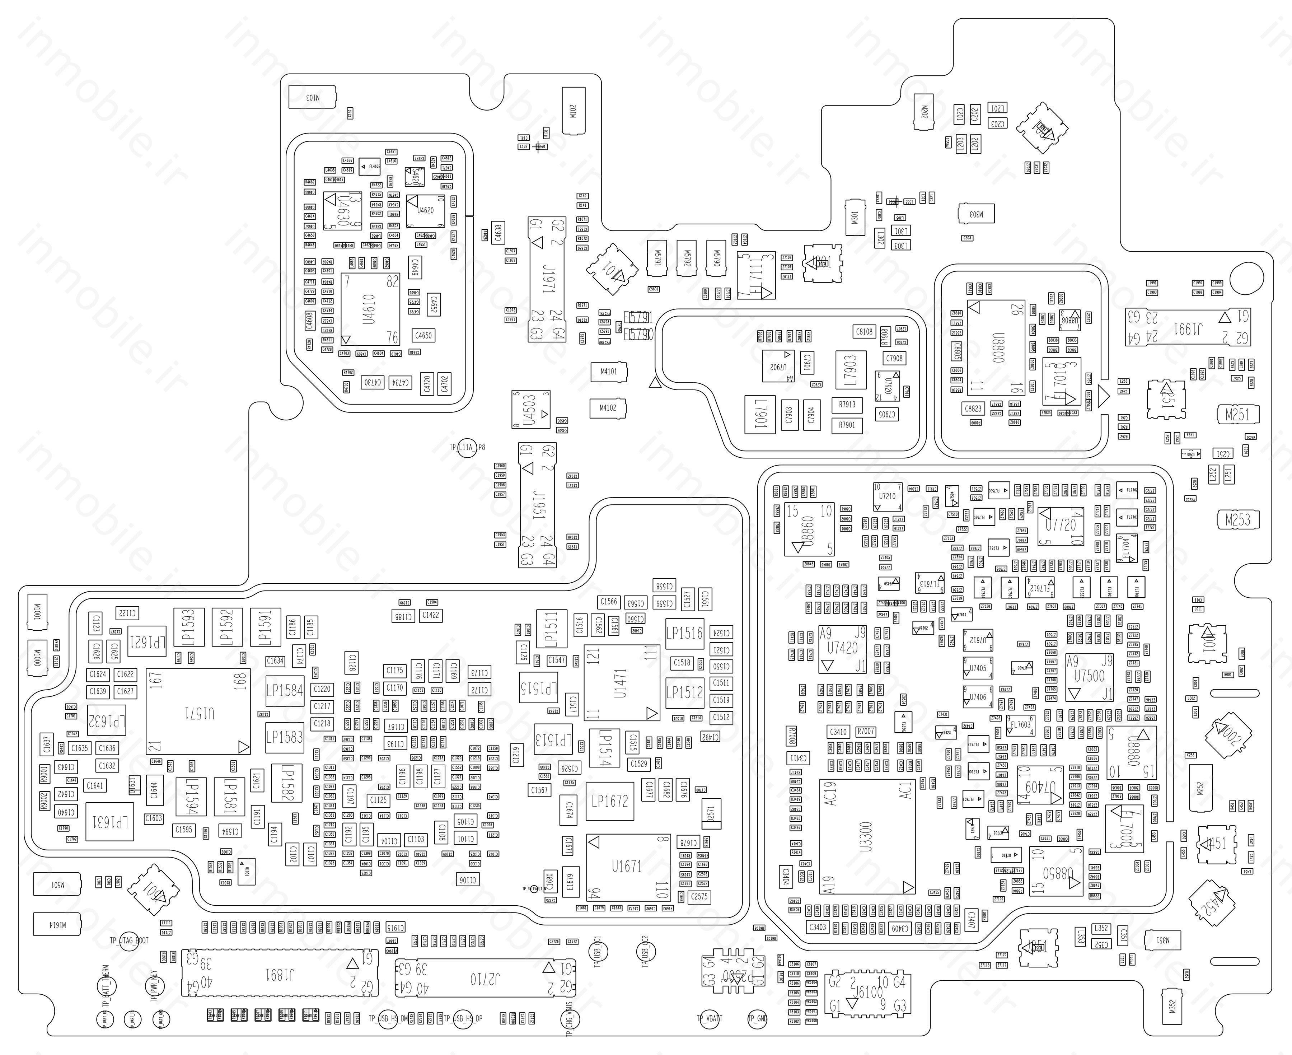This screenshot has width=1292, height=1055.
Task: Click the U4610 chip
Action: [370, 309]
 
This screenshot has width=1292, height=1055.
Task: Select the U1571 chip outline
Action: [198, 711]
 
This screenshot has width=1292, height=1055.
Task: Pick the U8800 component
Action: [996, 347]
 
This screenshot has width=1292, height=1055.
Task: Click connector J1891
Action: [280, 975]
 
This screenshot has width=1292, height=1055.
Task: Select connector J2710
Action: [484, 979]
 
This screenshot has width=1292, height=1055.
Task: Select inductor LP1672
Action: [610, 801]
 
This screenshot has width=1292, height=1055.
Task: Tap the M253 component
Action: [1237, 519]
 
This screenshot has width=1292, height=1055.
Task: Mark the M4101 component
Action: [609, 371]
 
